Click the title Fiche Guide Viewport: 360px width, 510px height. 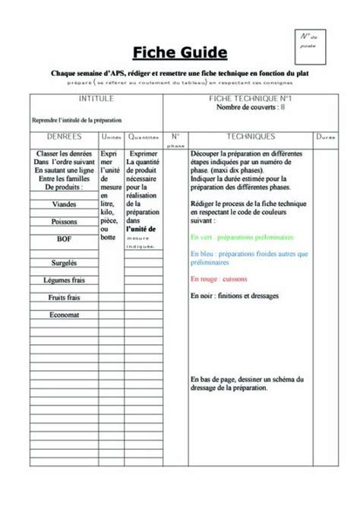coord(180,52)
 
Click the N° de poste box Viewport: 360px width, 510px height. coord(308,43)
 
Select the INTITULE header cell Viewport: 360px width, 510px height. coord(96,99)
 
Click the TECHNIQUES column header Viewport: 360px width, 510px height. coord(250,137)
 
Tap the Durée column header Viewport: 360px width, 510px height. coord(326,138)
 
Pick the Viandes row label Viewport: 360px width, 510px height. coord(64,204)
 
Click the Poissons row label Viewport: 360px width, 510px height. coord(64,221)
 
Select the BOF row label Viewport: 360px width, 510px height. coord(64,238)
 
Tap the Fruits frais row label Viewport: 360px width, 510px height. coord(64,297)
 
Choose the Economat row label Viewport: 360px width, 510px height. coord(64,314)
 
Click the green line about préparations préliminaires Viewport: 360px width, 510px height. coord(242,237)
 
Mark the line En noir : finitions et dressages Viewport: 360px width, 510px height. coord(235,296)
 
